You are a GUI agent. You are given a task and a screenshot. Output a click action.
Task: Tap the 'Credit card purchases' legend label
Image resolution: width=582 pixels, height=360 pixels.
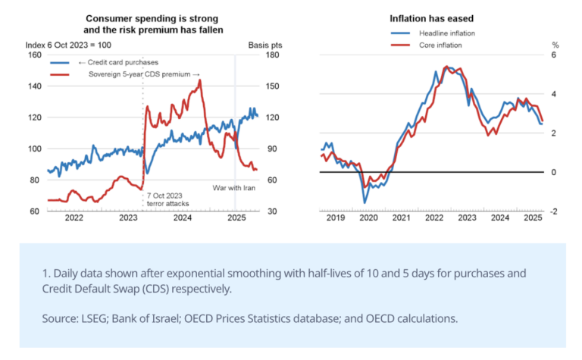coord(122,62)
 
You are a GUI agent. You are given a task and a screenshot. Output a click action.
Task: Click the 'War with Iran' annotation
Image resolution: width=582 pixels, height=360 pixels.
coord(233,187)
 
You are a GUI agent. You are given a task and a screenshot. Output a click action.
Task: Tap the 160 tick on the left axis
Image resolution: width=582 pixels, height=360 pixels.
coord(34,55)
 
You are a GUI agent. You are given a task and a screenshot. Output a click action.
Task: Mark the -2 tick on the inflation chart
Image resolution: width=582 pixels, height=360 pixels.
coord(553,211)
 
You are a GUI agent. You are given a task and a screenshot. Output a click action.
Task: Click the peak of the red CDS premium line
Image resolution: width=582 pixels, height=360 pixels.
coord(200,80)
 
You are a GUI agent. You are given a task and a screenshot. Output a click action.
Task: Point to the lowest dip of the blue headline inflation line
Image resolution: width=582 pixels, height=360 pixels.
coord(365,202)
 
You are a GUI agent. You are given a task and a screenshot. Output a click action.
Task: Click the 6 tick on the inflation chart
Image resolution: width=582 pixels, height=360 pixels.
coord(554,55)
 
